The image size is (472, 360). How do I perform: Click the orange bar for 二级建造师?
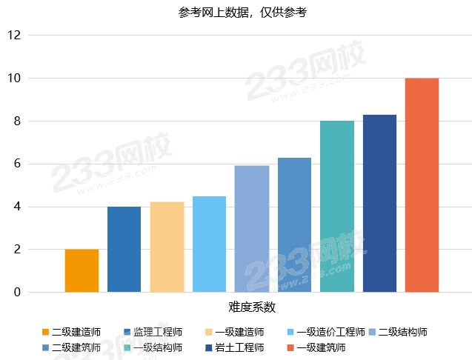[82, 270]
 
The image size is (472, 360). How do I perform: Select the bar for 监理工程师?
[124, 249]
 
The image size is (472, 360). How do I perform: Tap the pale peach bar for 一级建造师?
[167, 247]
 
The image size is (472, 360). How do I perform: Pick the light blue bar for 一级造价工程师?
[209, 244]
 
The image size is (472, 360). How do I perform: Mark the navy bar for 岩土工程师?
[379, 203]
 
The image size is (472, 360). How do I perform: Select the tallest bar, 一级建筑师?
[422, 184]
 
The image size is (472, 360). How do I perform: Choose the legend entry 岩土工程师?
[239, 347]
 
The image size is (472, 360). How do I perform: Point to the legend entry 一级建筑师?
[320, 347]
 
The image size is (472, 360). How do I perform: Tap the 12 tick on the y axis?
[14, 35]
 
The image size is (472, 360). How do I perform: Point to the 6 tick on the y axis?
[17, 164]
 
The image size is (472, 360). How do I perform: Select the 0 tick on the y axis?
[17, 293]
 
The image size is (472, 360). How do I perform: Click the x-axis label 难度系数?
[252, 307]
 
